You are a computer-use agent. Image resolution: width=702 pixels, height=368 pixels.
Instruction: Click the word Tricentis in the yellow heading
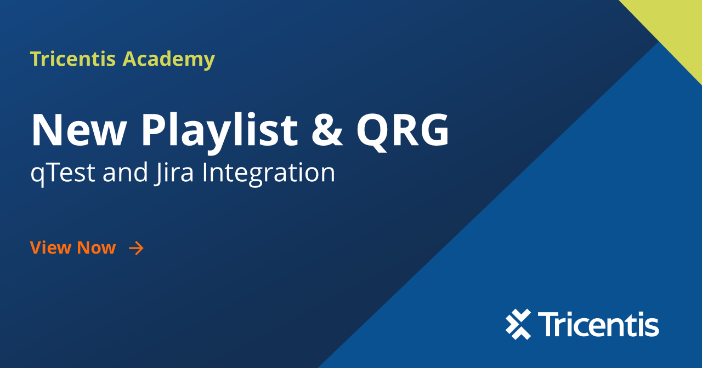click(x=73, y=59)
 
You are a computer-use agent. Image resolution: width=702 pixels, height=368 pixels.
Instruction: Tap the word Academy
click(x=168, y=60)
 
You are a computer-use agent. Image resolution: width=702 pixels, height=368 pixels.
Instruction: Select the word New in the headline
click(x=78, y=130)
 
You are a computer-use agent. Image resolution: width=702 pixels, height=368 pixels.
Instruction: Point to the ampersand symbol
click(x=327, y=130)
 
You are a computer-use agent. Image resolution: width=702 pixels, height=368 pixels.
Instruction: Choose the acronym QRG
click(x=403, y=131)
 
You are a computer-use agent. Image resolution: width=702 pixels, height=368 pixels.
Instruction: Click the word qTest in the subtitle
click(x=63, y=173)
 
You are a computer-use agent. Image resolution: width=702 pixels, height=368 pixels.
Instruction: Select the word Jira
click(x=174, y=173)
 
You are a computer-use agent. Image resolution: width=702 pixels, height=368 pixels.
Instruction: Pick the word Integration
click(x=269, y=173)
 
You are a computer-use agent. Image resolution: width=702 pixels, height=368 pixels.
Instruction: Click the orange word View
click(x=50, y=248)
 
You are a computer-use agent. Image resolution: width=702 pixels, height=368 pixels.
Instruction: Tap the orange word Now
click(x=97, y=248)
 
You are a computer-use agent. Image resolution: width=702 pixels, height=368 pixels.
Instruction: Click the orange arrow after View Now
click(x=137, y=248)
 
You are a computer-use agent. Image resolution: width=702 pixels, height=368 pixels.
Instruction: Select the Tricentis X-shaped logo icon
click(x=518, y=324)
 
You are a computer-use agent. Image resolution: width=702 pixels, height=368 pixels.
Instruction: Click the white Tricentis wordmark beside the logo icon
click(x=598, y=324)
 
